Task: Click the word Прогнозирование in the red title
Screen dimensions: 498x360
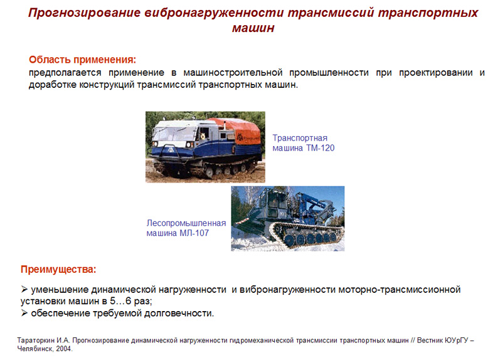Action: pyautogui.click(x=85, y=13)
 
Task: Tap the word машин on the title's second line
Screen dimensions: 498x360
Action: pyautogui.click(x=253, y=28)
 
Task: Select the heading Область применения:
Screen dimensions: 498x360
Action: pyautogui.click(x=82, y=60)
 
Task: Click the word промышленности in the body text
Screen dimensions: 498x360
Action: pyautogui.click(x=329, y=72)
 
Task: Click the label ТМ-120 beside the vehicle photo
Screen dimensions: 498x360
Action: pyautogui.click(x=320, y=148)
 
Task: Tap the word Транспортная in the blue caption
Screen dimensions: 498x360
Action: pyautogui.click(x=300, y=138)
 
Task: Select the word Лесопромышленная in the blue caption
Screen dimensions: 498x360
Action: pyautogui.click(x=186, y=223)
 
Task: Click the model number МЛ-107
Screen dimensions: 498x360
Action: pyautogui.click(x=194, y=233)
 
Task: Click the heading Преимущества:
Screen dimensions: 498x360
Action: pyautogui.click(x=58, y=269)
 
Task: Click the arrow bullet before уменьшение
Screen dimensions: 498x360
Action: pyautogui.click(x=24, y=289)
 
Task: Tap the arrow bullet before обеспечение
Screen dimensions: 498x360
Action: pyautogui.click(x=24, y=313)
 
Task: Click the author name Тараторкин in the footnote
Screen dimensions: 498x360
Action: pyautogui.click(x=36, y=341)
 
